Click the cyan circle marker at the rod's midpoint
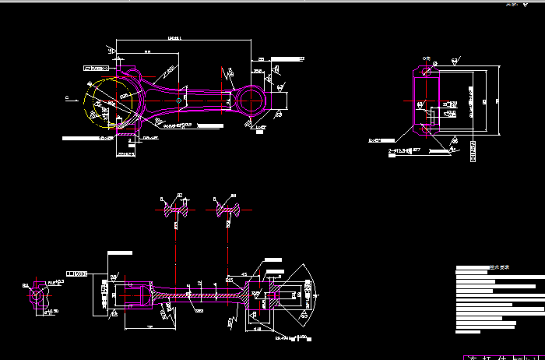click(179, 100)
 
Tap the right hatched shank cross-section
click(227, 208)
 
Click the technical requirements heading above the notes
click(498, 267)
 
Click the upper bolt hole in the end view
click(425, 72)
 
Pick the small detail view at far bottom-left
click(36, 295)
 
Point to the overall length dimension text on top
click(174, 37)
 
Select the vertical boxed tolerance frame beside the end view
click(474, 151)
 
